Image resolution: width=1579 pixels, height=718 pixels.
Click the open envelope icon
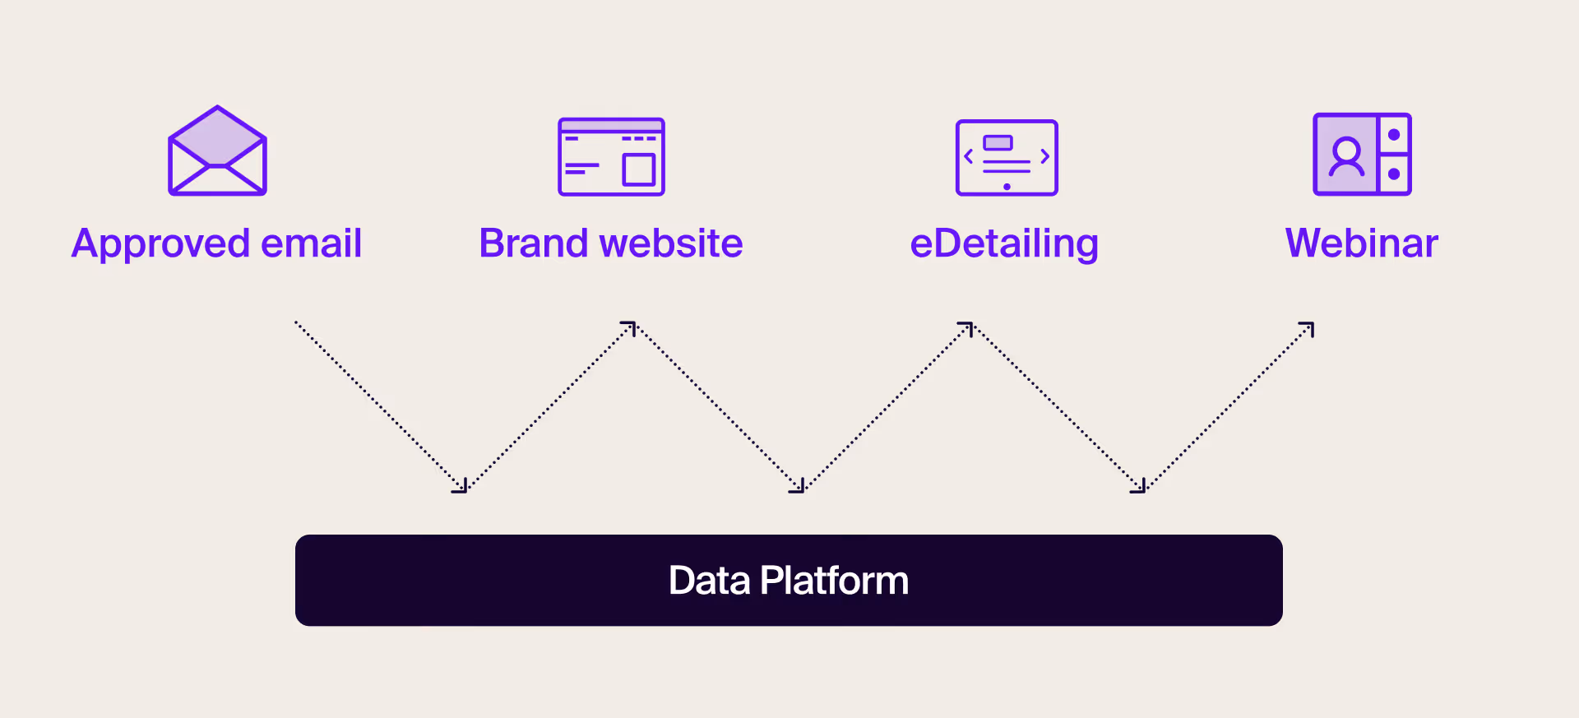(217, 151)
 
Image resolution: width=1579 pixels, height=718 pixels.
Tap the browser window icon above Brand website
(611, 156)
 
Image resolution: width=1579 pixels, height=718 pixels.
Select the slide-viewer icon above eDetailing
(1007, 157)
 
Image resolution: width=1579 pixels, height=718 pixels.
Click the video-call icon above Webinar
(1362, 154)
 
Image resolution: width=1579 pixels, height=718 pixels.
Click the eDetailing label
(1004, 244)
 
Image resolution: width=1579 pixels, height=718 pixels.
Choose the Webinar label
(1362, 243)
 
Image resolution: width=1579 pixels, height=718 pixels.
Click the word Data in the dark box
(709, 581)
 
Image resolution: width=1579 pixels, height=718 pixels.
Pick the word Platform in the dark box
(834, 581)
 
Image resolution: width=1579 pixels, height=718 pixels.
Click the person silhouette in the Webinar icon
(1346, 156)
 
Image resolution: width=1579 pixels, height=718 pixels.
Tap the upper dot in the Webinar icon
(1394, 135)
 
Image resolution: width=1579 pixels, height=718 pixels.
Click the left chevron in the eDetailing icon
(969, 156)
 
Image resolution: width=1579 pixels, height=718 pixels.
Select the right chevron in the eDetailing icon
(1044, 156)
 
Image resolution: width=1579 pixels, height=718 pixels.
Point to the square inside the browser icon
(638, 169)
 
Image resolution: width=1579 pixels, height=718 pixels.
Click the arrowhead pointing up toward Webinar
(1308, 328)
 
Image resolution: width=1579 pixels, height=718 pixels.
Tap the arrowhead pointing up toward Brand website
(630, 327)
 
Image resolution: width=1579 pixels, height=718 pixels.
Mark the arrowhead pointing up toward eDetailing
(967, 327)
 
